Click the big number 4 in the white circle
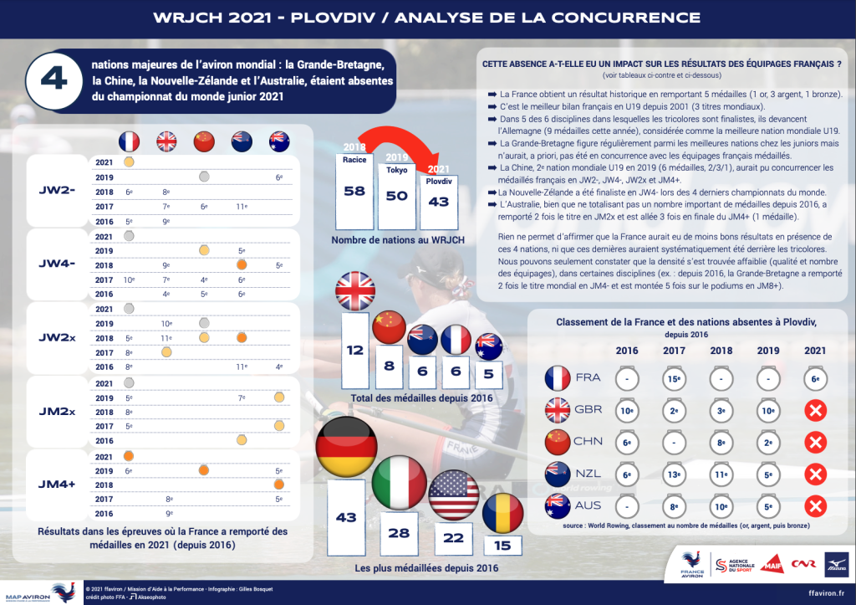pos(53,81)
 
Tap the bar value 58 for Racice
pos(354,191)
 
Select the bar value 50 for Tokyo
pos(396,195)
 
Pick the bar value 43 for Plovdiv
pos(438,201)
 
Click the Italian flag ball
pos(400,484)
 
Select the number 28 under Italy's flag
pos(400,533)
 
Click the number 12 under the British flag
pos(354,351)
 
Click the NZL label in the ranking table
pos(588,474)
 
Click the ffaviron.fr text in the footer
pos(824,592)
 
